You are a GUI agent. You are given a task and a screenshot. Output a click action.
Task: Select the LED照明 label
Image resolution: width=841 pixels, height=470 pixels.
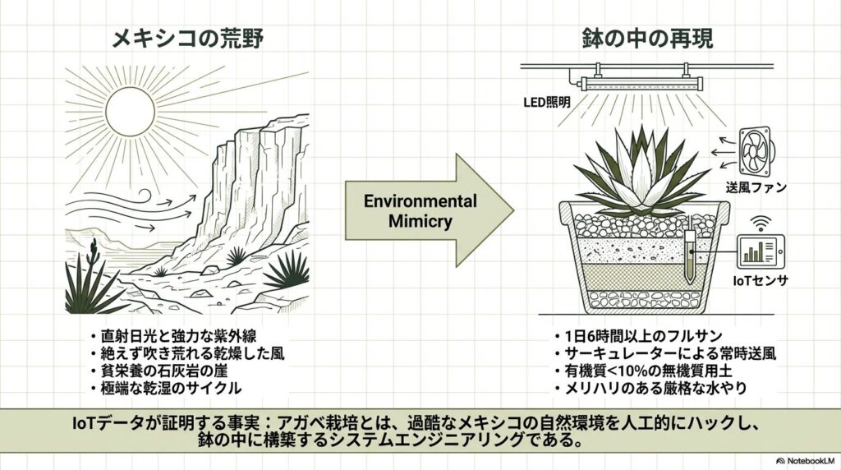549,103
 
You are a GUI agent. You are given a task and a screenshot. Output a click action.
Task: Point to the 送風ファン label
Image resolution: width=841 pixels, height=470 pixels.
758,188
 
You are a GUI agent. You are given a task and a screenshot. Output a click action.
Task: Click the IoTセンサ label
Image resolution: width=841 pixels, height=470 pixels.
761,280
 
